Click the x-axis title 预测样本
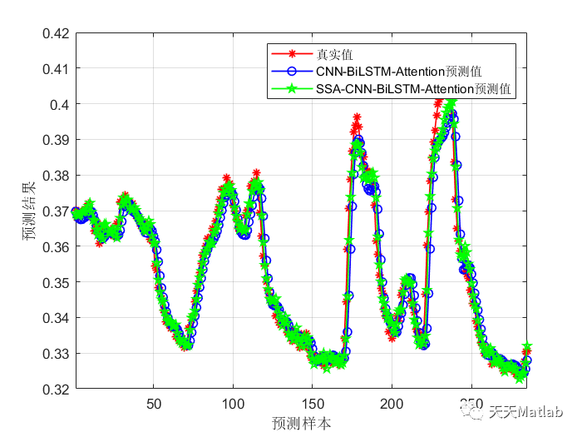point(302,423)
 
